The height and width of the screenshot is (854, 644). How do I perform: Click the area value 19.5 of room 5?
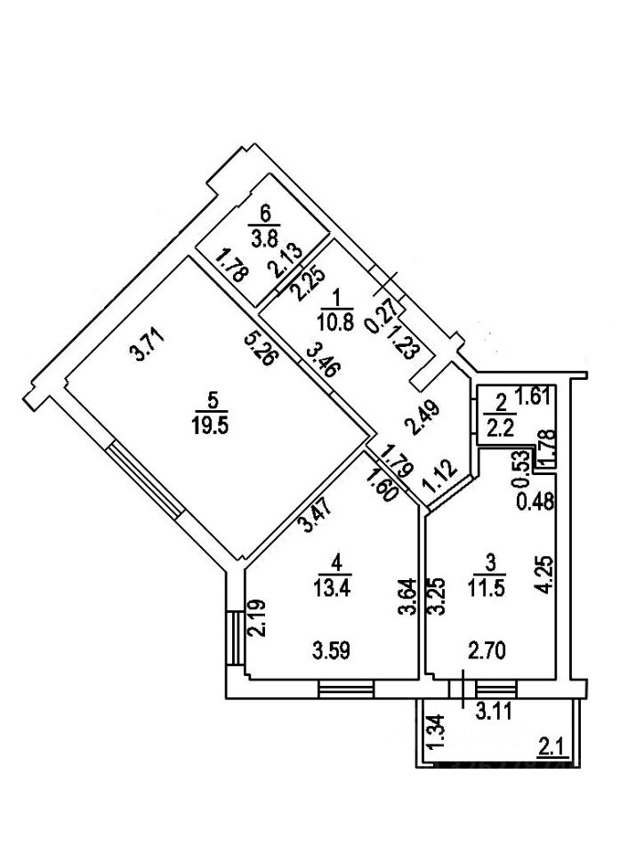pos(211,424)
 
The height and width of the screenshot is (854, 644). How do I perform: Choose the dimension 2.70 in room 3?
pos(488,650)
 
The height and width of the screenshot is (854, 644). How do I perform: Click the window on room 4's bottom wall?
pos(345,689)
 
